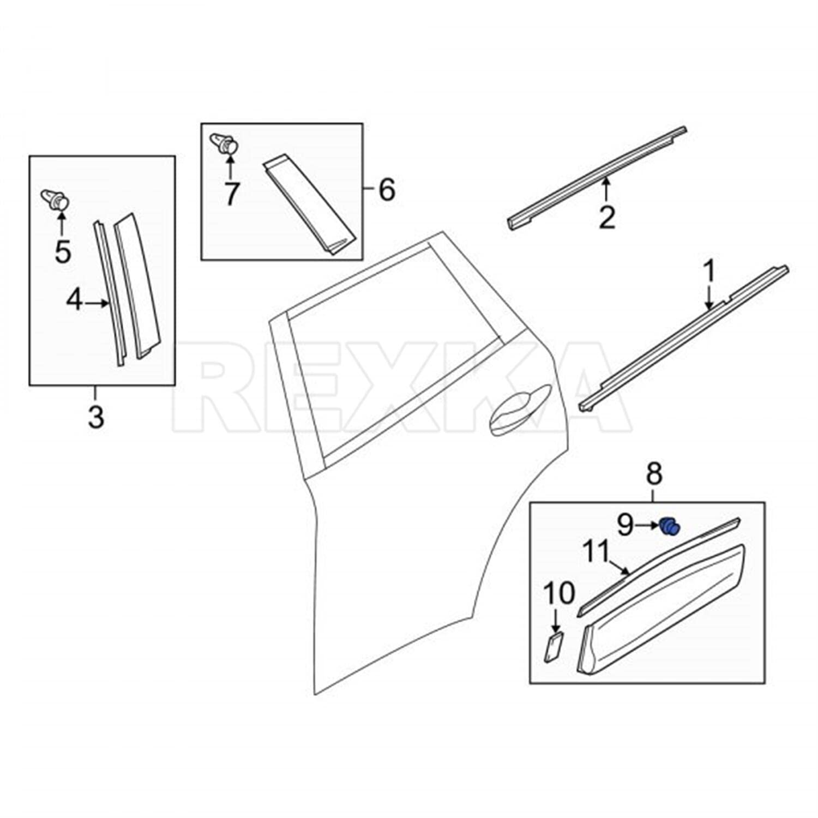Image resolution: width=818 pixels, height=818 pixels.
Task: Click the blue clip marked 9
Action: (x=670, y=527)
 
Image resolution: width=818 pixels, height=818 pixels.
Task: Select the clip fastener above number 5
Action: (x=56, y=200)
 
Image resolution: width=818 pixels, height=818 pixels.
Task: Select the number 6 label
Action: (x=386, y=190)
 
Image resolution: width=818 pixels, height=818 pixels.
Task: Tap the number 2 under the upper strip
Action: (x=606, y=217)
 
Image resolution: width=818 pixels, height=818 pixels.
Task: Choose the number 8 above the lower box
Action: (x=654, y=473)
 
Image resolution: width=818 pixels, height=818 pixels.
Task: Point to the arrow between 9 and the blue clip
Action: (x=647, y=526)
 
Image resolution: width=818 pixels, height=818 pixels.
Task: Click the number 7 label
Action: (x=231, y=194)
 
